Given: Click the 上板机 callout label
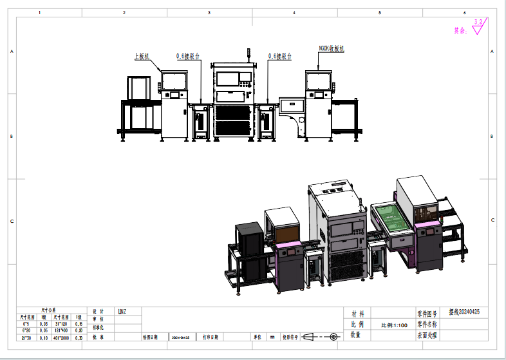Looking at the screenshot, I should (x=142, y=57).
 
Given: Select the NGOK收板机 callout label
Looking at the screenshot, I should (x=332, y=48).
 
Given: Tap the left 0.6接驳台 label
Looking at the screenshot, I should (x=188, y=57).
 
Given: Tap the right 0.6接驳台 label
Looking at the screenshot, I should (x=280, y=57).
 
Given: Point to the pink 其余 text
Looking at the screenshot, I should (x=460, y=30).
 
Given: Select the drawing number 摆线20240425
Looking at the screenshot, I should (x=464, y=312).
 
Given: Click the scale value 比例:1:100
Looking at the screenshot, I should (x=394, y=325).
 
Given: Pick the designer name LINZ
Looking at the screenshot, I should (x=122, y=312).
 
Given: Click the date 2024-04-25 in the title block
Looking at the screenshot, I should (x=180, y=337).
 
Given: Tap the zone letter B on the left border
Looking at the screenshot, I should (x=12, y=137).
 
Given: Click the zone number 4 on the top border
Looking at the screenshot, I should (x=294, y=12).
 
